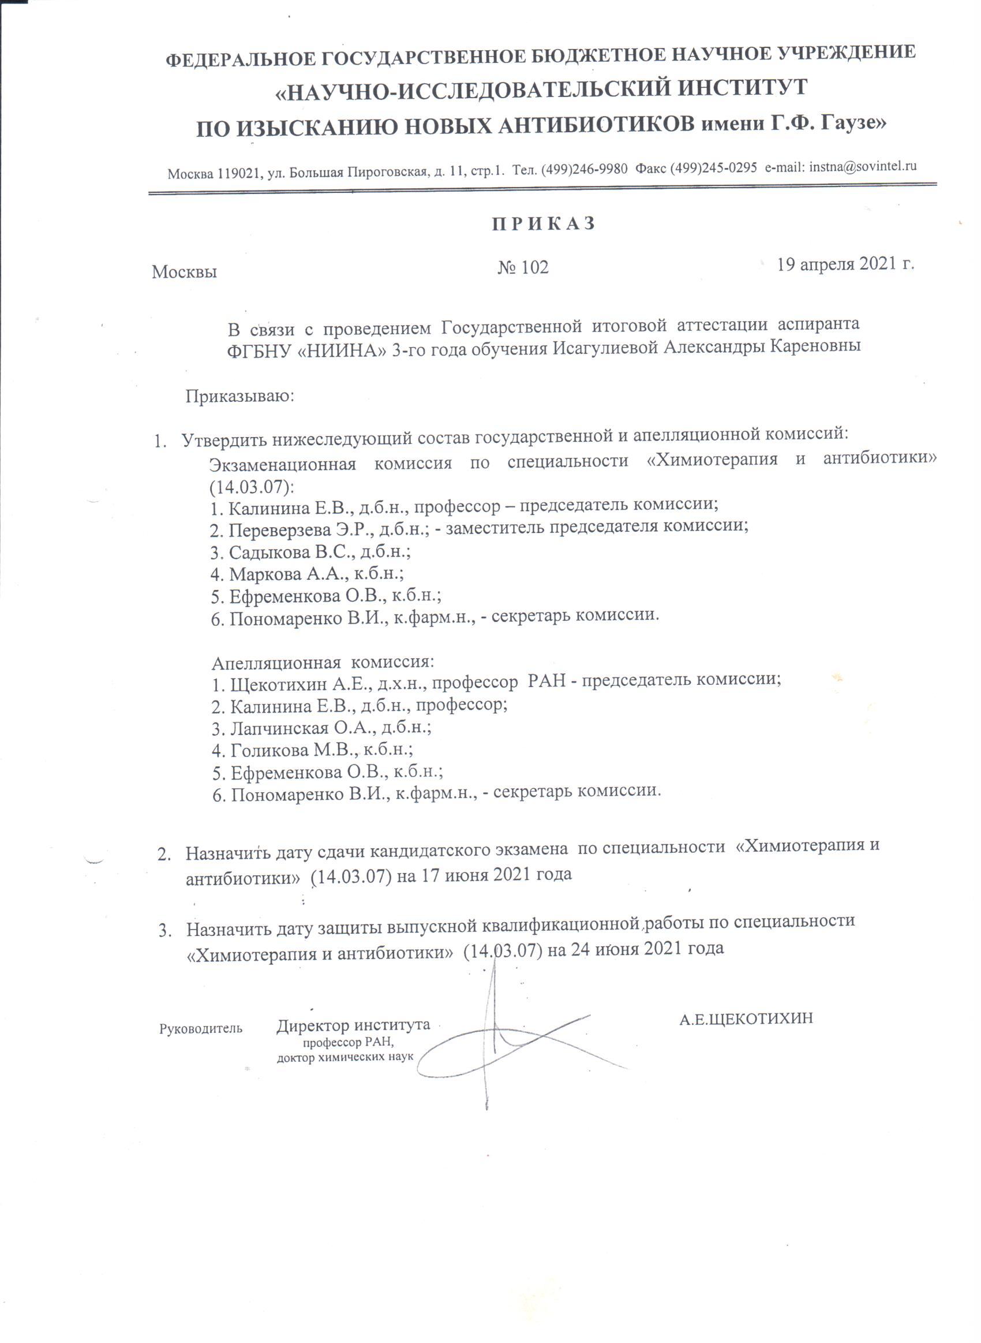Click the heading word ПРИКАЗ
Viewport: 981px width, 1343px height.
coord(544,224)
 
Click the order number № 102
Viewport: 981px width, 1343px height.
coord(523,267)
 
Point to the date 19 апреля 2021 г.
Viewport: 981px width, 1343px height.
coord(845,264)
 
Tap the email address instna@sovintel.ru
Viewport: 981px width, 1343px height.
coord(863,167)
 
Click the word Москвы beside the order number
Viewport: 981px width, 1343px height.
coord(184,272)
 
